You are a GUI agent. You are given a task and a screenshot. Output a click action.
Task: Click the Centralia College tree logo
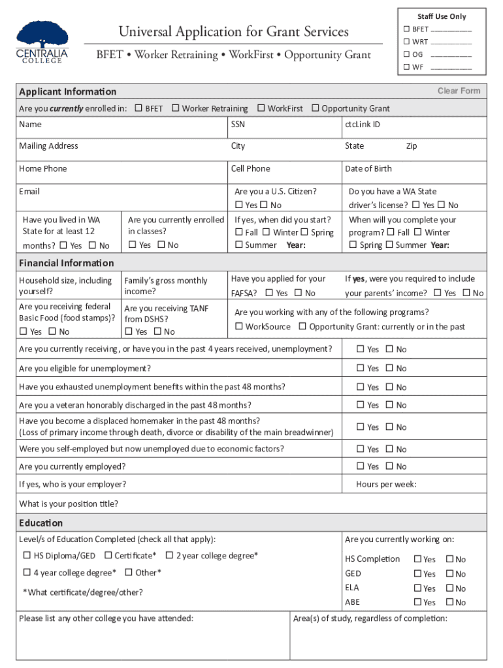pos(42,37)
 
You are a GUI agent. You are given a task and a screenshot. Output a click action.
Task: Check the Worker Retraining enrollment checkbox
pos(175,108)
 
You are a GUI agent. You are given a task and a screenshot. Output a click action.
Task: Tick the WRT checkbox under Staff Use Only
pos(406,42)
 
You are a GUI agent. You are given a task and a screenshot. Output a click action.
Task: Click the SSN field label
pos(238,124)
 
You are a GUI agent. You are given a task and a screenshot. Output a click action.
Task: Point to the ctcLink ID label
pos(363,124)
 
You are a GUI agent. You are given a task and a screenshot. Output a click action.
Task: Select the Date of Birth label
pos(368,168)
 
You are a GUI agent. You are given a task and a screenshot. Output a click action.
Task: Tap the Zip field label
pos(412,146)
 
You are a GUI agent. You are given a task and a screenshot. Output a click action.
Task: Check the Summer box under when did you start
pos(239,245)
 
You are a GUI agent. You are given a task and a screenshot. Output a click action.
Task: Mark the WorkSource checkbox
pos(239,326)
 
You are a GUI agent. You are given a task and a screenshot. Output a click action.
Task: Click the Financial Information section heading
pos(66,263)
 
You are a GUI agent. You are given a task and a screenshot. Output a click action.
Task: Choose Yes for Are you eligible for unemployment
pos(361,368)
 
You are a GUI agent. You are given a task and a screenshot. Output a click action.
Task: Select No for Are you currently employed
pos(389,466)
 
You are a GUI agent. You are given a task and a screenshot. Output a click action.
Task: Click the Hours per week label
pos(386,484)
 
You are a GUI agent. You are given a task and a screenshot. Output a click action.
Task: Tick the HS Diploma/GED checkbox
pos(27,556)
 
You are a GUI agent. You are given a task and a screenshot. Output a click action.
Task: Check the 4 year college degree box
pos(27,572)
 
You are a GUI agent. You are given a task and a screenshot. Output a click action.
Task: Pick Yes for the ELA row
pos(417,588)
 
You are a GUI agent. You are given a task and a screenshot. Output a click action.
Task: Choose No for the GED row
pos(449,574)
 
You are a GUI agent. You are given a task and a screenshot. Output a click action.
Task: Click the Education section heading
pos(41,523)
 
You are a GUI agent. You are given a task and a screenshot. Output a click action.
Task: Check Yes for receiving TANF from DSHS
pos(129,331)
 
